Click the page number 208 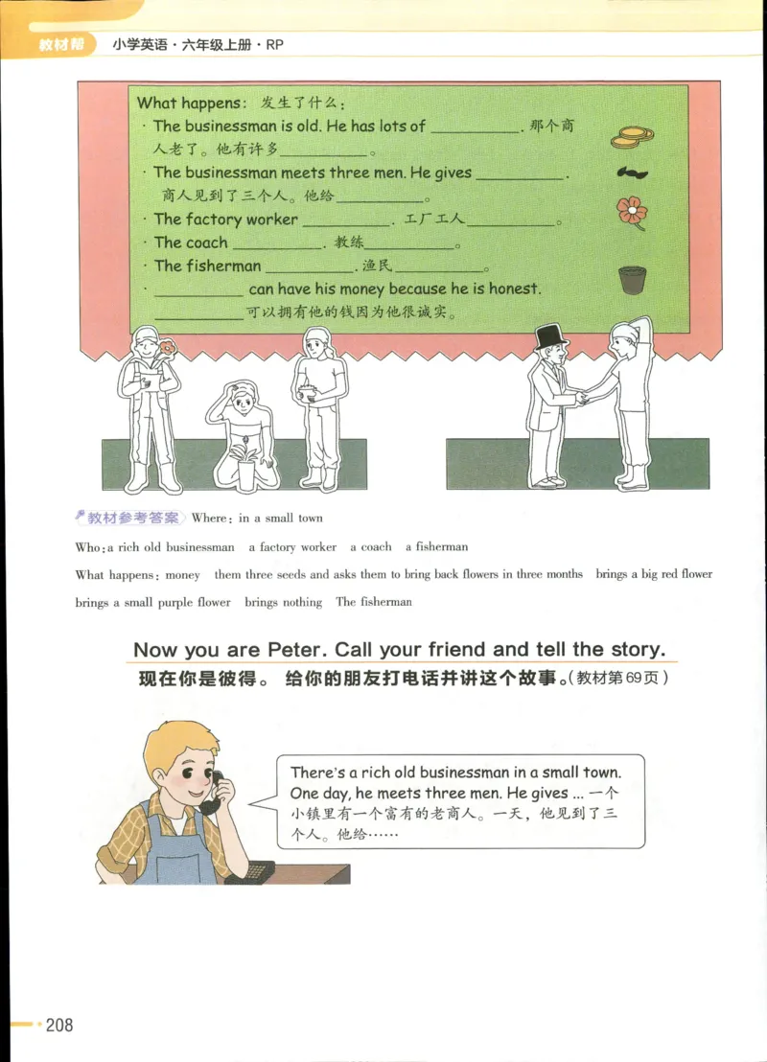click(58, 1026)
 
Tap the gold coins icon click(631, 137)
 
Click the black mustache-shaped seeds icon click(632, 173)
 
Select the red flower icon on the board click(631, 210)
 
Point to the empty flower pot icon click(630, 280)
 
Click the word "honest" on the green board click(514, 289)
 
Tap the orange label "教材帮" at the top click(58, 44)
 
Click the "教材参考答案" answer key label click(132, 518)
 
